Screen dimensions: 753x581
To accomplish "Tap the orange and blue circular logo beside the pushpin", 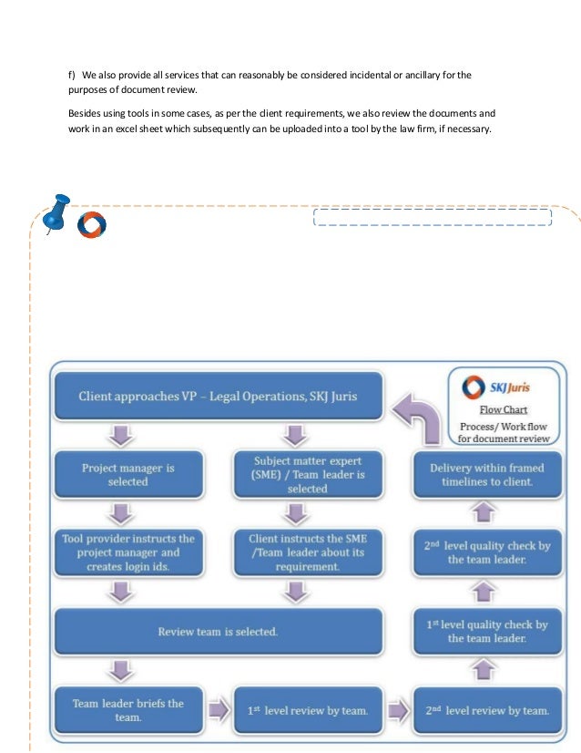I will point(91,226).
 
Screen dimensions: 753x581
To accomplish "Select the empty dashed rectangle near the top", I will point(432,217).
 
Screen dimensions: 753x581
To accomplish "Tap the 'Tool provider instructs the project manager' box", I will point(127,552).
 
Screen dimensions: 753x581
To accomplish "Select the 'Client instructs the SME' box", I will point(294,552).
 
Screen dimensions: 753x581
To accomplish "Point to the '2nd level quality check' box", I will point(486,552).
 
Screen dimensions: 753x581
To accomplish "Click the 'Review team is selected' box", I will point(219,631).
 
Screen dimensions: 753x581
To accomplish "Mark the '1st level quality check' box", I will point(486,631).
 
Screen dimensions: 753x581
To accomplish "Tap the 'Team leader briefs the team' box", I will point(127,709).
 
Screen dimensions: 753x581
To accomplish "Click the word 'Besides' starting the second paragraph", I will point(86,114).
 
